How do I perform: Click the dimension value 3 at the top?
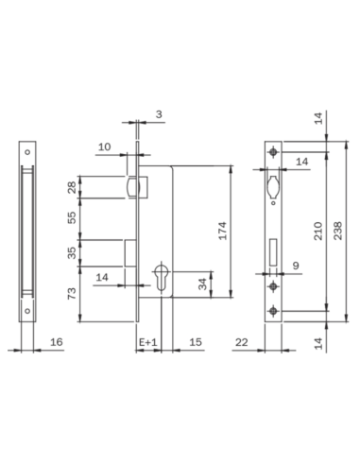point(157,114)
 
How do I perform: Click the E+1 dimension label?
point(147,341)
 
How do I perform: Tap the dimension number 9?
point(296,267)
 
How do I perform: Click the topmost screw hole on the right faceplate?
point(273,153)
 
